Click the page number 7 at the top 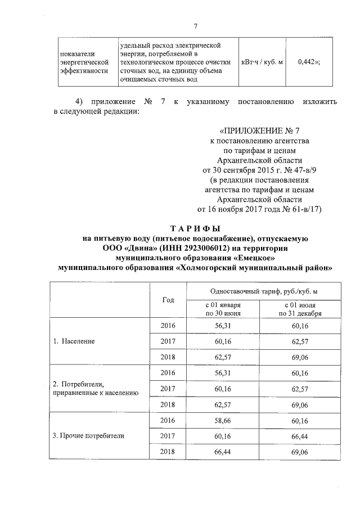pos(195,26)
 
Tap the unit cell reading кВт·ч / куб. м pos(262,62)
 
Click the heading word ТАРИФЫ pos(195,228)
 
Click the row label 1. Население pos(74,341)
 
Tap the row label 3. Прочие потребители pos(88,435)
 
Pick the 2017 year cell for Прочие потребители pos(168,435)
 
